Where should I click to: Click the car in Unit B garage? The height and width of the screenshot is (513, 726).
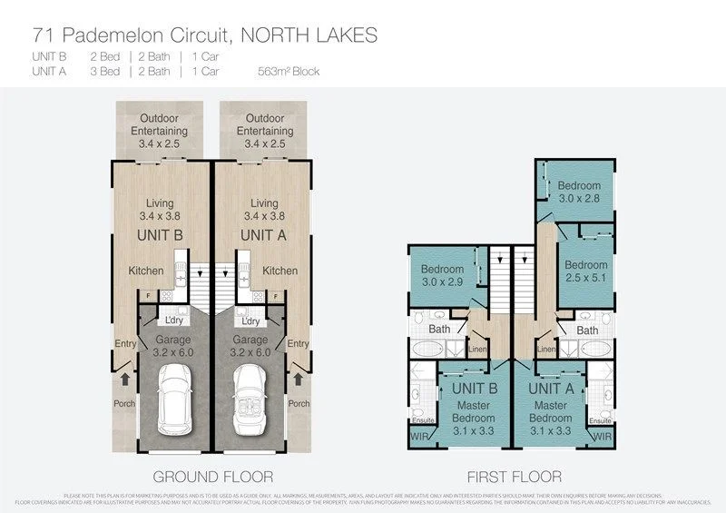coord(172,400)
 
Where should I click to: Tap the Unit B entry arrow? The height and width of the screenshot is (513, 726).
coord(124,374)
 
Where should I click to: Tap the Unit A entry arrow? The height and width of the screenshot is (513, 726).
coord(298,374)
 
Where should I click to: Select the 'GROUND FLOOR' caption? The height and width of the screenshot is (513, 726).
coord(213,476)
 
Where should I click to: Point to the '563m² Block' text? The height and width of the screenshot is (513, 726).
coord(289,71)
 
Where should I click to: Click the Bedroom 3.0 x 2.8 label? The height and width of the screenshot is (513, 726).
coord(579,192)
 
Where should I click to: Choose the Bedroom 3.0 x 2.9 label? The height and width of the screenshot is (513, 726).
coord(443,276)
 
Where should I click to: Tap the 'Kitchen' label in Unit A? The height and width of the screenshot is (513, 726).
coord(280,271)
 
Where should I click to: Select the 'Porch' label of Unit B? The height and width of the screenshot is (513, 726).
coord(123,403)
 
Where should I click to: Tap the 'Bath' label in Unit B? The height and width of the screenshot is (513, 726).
coord(439,330)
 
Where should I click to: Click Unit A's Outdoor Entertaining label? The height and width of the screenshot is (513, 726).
coord(264,131)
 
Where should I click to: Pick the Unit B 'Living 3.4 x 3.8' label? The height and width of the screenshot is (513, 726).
coord(160,210)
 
